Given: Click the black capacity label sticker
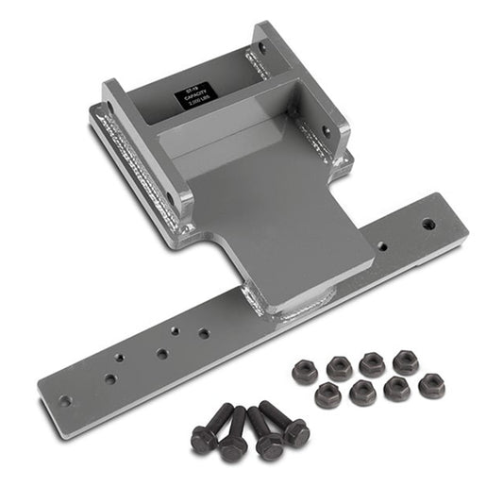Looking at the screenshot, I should point(196,96).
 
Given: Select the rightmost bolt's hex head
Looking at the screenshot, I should point(295,432).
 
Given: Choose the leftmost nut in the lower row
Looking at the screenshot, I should point(327,394).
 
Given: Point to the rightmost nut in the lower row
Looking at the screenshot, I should point(431,385).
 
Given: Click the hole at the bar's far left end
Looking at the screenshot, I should point(64,400).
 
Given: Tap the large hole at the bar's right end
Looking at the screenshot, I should point(428,225).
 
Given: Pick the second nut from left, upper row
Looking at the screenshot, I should point(339,367).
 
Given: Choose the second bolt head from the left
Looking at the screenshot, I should point(233,446).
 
